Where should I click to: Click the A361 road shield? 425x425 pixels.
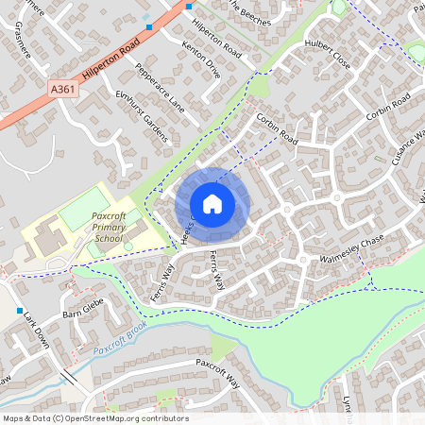(63, 88)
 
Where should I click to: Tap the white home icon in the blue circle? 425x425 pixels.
(212, 203)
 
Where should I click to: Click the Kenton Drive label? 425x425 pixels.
(200, 58)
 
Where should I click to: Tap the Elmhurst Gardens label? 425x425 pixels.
(141, 115)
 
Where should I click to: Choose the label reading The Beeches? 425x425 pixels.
(250, 13)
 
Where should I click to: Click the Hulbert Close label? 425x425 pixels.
(328, 56)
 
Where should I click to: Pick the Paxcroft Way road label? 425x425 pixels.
(220, 366)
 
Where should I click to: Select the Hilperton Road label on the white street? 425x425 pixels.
(214, 42)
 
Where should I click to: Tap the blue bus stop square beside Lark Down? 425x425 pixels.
(20, 310)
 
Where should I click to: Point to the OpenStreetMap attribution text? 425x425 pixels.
(95, 418)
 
